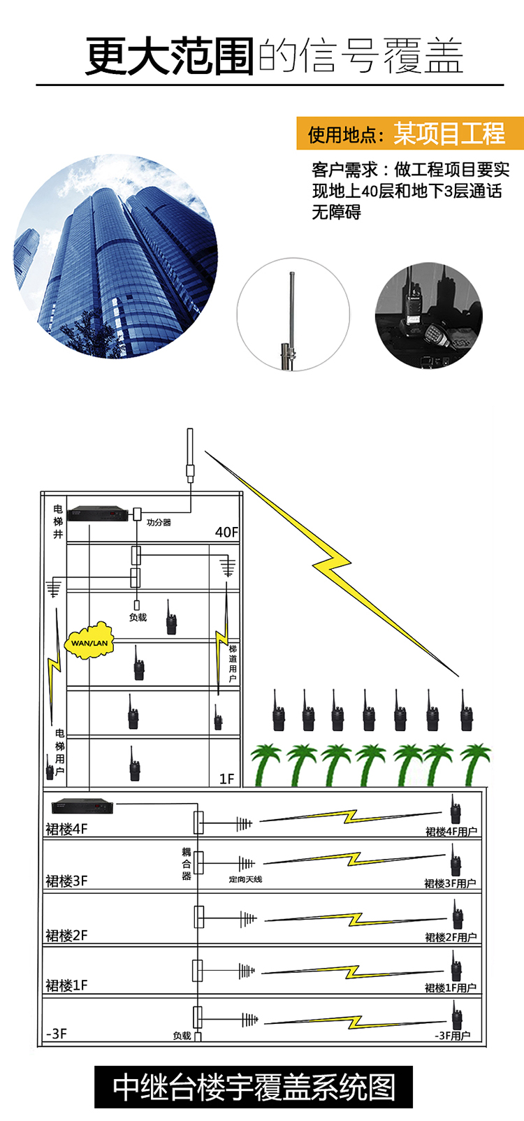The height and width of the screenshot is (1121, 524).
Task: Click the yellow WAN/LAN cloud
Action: [x=89, y=642]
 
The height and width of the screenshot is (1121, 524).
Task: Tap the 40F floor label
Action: [x=226, y=533]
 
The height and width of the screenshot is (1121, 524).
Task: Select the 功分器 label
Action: [x=159, y=522]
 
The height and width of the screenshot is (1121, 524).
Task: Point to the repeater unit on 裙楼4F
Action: [x=81, y=806]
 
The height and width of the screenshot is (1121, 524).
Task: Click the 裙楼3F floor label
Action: [x=66, y=881]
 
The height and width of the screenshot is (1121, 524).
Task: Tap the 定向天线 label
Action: [x=245, y=879]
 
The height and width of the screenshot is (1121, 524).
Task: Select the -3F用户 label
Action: [x=452, y=1036]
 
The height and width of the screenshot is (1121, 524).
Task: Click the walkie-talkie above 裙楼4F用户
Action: [x=455, y=809]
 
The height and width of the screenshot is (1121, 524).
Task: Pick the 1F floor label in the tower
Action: [x=226, y=779]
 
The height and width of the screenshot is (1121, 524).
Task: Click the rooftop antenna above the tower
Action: [x=190, y=455]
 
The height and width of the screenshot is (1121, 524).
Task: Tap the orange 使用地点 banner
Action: [x=409, y=133]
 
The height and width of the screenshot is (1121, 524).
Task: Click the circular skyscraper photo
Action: [x=115, y=258]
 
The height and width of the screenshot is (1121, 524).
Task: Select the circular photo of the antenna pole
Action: [x=292, y=313]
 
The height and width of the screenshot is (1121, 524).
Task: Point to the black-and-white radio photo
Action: [x=428, y=316]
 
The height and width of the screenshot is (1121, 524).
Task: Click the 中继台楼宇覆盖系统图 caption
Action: [x=254, y=1087]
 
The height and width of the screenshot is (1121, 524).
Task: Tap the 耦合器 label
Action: [x=186, y=864]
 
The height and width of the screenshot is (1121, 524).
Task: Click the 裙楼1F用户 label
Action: [x=451, y=988]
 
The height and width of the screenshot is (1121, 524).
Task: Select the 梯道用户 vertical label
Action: [x=233, y=663]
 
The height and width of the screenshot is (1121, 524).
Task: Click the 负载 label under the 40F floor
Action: [x=138, y=617]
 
